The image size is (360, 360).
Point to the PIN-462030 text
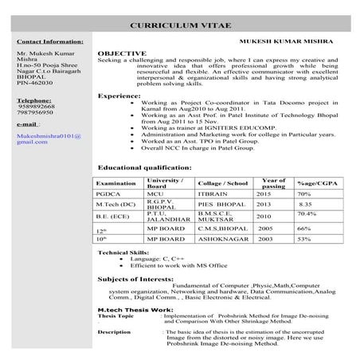[x=37, y=82]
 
